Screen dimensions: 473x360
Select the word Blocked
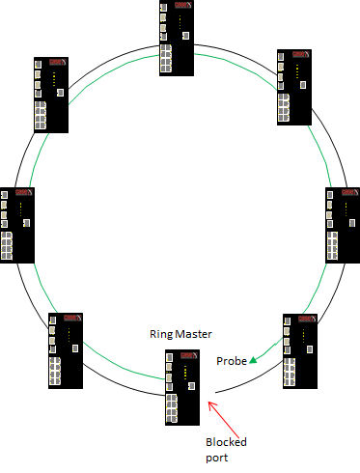coord(227,441)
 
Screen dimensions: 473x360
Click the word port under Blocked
coord(217,458)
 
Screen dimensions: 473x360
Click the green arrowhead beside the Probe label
coord(252,361)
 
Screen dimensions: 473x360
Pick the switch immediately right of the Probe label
coord(299,350)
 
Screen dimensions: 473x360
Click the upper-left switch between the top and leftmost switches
coord(50,95)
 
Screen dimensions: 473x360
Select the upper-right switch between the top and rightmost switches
coord(293,87)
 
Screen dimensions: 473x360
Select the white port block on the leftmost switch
coord(8,245)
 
